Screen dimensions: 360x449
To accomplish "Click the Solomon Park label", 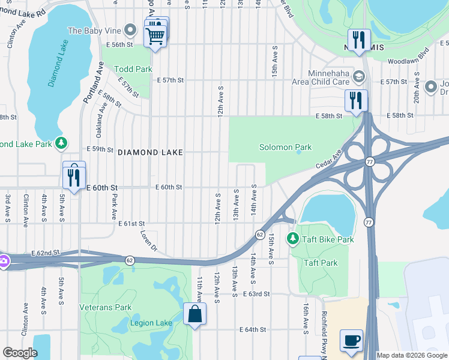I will click(285, 147).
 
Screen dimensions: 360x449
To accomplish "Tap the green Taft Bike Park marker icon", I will click(292, 239).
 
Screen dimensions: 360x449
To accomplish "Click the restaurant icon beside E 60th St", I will click(74, 176).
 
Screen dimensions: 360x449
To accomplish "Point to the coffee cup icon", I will click(352, 340).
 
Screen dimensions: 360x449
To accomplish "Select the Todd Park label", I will click(136, 69).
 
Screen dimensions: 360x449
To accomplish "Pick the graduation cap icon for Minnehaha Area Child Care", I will click(358, 76).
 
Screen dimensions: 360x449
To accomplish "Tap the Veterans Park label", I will click(106, 307).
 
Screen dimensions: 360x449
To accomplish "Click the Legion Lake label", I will click(151, 323).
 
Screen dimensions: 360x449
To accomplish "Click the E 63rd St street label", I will click(257, 294).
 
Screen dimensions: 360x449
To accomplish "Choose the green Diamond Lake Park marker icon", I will click(61, 143).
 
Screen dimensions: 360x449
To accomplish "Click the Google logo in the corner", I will click(20, 353).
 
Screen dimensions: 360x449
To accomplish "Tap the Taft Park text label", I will click(321, 263).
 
